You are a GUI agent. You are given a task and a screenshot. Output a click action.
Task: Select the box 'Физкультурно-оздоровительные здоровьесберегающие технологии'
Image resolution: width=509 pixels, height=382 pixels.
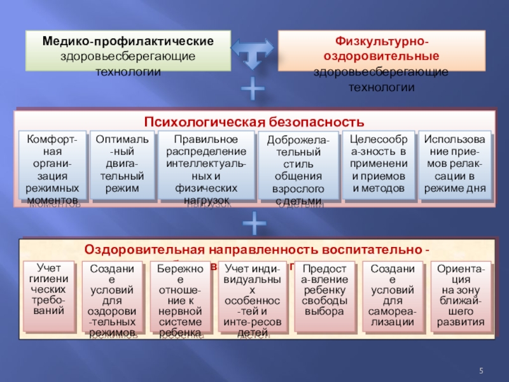click(380, 64)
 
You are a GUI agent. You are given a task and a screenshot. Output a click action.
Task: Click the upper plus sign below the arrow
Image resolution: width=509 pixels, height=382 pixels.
click(253, 90)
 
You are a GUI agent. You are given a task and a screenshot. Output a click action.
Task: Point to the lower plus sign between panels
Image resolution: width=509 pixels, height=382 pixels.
click(254, 224)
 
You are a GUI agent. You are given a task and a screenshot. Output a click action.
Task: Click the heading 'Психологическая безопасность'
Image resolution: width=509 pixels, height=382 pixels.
click(254, 122)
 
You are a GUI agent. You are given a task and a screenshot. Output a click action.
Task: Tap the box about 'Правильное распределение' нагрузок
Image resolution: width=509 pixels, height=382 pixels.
click(206, 167)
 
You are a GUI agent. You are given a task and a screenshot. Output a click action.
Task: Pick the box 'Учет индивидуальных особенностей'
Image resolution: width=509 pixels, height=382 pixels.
click(252, 299)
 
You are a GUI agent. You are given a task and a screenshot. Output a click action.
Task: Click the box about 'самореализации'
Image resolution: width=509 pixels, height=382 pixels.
click(392, 296)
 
